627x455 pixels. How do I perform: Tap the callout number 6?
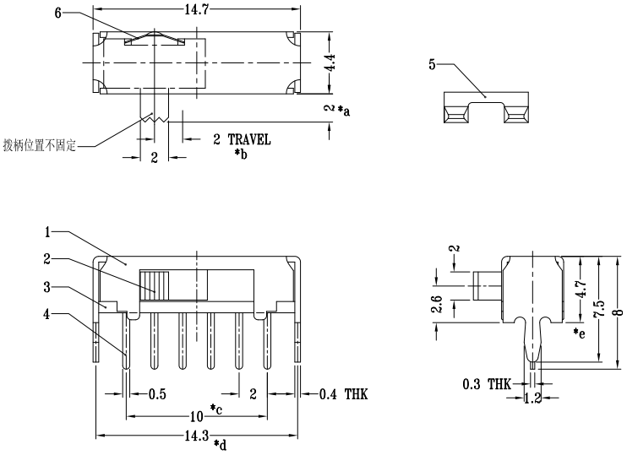pos(57,14)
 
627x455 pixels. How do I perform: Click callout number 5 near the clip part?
pos(433,65)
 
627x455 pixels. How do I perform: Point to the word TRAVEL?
pos(249,140)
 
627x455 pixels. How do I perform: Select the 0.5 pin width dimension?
pos(157,394)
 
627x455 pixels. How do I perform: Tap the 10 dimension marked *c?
pos(196,417)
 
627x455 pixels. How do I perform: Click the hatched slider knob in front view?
pos(155,284)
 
